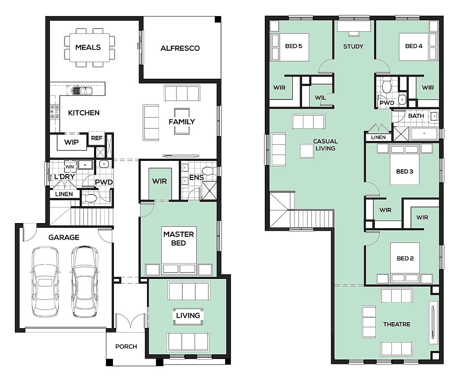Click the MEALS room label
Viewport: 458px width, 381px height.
88,47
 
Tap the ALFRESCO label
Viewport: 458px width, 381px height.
180,48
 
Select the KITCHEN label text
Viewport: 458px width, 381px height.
84,113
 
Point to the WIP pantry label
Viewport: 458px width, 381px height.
71,142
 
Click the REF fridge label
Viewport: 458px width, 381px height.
97,138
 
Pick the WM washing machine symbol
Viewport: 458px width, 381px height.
69,167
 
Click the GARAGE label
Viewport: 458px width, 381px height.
64,237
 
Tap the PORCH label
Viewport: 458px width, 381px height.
126,347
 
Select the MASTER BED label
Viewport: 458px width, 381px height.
178,238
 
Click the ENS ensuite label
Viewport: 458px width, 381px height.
196,177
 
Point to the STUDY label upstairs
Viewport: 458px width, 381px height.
353,47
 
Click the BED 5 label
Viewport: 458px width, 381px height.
294,46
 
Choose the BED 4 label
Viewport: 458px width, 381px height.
414,46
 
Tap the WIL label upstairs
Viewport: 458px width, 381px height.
320,97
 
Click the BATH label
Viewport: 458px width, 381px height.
416,116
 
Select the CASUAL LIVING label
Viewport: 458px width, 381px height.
325,145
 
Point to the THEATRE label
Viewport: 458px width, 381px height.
397,324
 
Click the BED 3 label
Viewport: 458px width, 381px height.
405,171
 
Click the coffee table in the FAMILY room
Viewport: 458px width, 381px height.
182,121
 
